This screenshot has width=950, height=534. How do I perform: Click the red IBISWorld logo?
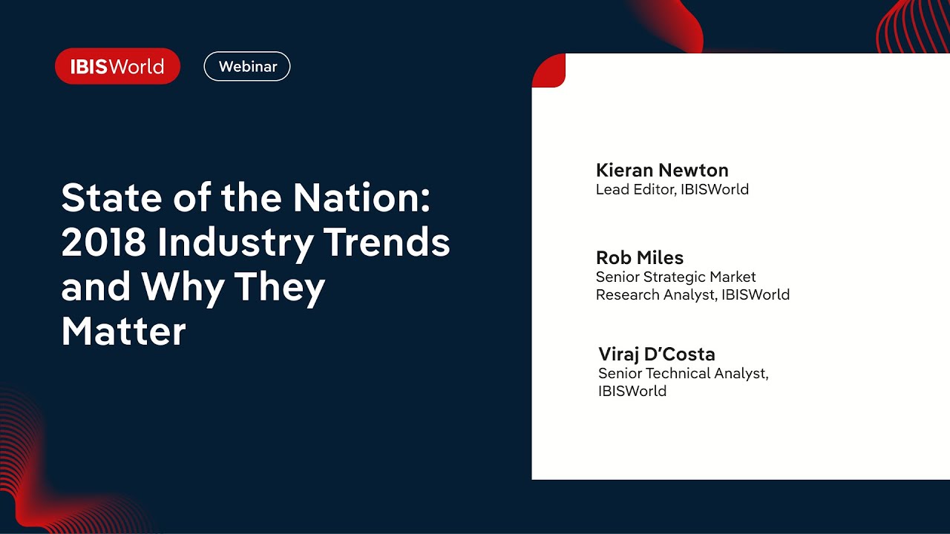(x=117, y=66)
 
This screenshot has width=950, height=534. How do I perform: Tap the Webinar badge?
(x=247, y=66)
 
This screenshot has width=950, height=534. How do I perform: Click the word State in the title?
(x=111, y=197)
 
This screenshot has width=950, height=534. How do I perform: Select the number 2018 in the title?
(x=103, y=242)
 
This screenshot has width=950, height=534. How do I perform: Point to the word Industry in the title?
(x=235, y=245)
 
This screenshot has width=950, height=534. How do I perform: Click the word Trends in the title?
(x=387, y=242)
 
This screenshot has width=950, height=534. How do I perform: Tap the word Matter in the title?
(x=124, y=331)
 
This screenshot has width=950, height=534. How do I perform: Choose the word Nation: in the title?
(x=361, y=197)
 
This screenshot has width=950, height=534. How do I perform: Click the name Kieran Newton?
(x=662, y=170)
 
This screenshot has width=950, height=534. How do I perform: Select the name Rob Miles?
(x=640, y=257)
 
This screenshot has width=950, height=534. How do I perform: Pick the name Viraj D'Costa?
(x=657, y=355)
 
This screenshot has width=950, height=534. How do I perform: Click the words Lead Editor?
(x=635, y=189)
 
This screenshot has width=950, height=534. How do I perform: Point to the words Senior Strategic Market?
(x=675, y=277)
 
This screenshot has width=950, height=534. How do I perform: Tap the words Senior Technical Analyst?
(x=682, y=373)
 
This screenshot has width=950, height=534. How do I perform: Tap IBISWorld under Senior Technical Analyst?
(x=632, y=391)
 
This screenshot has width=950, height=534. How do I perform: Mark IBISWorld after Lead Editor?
(x=715, y=189)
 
